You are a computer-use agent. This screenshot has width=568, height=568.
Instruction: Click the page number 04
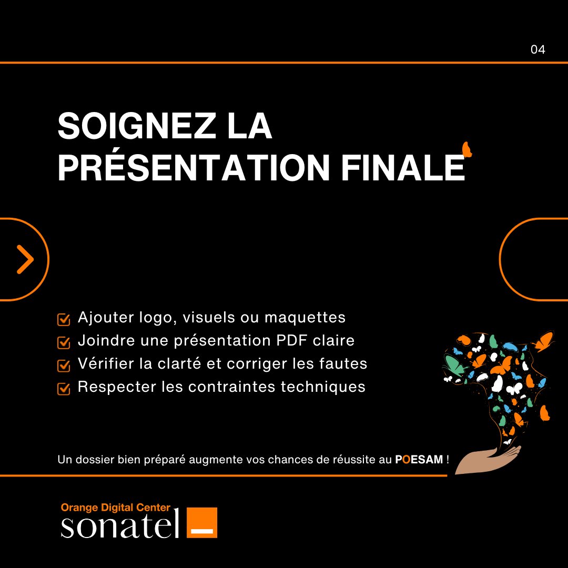[537, 50]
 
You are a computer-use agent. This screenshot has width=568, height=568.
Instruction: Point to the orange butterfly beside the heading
[466, 149]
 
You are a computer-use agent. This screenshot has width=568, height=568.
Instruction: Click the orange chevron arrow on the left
[25, 259]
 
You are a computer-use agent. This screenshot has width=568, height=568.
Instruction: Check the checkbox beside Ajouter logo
[64, 319]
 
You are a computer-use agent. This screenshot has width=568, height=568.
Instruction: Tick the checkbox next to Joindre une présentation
[64, 342]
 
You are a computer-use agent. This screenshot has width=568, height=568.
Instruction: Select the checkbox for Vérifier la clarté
[64, 366]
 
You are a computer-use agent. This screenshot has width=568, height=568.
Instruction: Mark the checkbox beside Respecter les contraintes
[64, 389]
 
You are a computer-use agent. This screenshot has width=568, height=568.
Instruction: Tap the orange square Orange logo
[201, 522]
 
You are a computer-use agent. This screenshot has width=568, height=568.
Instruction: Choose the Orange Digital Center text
[116, 508]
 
